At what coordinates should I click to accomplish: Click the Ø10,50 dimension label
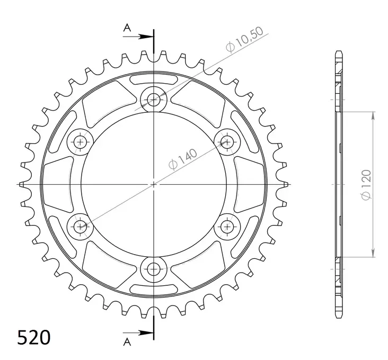pyautogui.click(x=244, y=39)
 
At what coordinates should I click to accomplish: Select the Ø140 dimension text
pyautogui.click(x=183, y=159)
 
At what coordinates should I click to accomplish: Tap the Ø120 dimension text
pyautogui.click(x=366, y=185)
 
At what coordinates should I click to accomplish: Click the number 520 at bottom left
pyautogui.click(x=33, y=338)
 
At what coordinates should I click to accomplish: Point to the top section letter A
pyautogui.click(x=127, y=28)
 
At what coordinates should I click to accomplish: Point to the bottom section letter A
pyautogui.click(x=127, y=342)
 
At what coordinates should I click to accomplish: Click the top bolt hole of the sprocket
pyautogui.click(x=154, y=100)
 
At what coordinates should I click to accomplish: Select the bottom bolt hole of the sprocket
pyautogui.click(x=154, y=269)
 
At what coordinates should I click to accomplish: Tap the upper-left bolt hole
pyautogui.click(x=80, y=142)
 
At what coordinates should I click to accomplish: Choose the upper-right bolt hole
pyautogui.click(x=227, y=142)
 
